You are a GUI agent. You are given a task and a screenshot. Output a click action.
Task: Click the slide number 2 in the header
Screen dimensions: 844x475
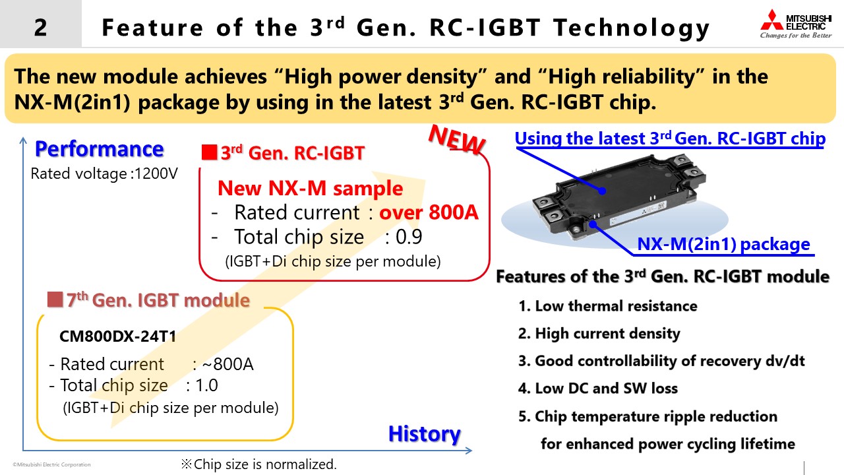coord(41,28)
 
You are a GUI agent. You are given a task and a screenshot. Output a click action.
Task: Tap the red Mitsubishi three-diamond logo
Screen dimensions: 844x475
coord(772,20)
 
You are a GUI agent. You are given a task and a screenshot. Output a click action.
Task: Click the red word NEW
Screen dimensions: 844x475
coord(457,140)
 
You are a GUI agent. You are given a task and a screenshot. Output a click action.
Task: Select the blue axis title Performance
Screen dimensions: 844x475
coord(100,149)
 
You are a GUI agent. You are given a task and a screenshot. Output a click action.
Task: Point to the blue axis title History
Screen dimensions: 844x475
coord(425,434)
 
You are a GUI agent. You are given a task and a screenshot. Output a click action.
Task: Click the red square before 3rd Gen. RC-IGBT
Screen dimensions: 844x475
coord(209,152)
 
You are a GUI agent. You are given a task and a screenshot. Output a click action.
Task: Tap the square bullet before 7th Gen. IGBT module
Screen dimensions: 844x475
coord(55,300)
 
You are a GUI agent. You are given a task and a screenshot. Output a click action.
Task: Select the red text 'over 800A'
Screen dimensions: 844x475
coord(429,212)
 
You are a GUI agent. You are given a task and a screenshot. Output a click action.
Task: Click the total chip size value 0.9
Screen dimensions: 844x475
coord(409,237)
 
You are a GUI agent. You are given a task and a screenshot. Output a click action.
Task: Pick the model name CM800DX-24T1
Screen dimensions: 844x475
coord(118,336)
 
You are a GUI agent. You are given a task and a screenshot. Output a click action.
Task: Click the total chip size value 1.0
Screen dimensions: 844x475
coord(206,385)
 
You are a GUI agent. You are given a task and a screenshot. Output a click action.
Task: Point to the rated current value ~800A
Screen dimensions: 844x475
coord(228,364)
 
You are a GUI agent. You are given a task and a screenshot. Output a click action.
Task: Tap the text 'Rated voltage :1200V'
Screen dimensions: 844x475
coord(104,174)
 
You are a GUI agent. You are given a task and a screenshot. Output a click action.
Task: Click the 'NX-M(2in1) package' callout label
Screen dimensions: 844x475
coord(723,244)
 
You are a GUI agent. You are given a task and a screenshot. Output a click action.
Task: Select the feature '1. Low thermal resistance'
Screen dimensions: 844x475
coord(608,306)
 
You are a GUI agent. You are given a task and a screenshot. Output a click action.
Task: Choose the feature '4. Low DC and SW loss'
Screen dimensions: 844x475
coord(598,389)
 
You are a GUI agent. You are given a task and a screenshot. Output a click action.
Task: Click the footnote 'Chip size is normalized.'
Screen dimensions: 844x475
coord(259,464)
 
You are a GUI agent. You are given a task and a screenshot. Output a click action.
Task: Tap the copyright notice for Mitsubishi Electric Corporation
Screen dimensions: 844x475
coord(51,464)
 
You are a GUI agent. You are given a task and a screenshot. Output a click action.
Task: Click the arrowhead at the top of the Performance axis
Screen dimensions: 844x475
coord(23,141)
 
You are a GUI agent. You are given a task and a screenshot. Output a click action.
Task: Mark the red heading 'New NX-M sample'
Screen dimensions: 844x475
coord(310,188)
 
